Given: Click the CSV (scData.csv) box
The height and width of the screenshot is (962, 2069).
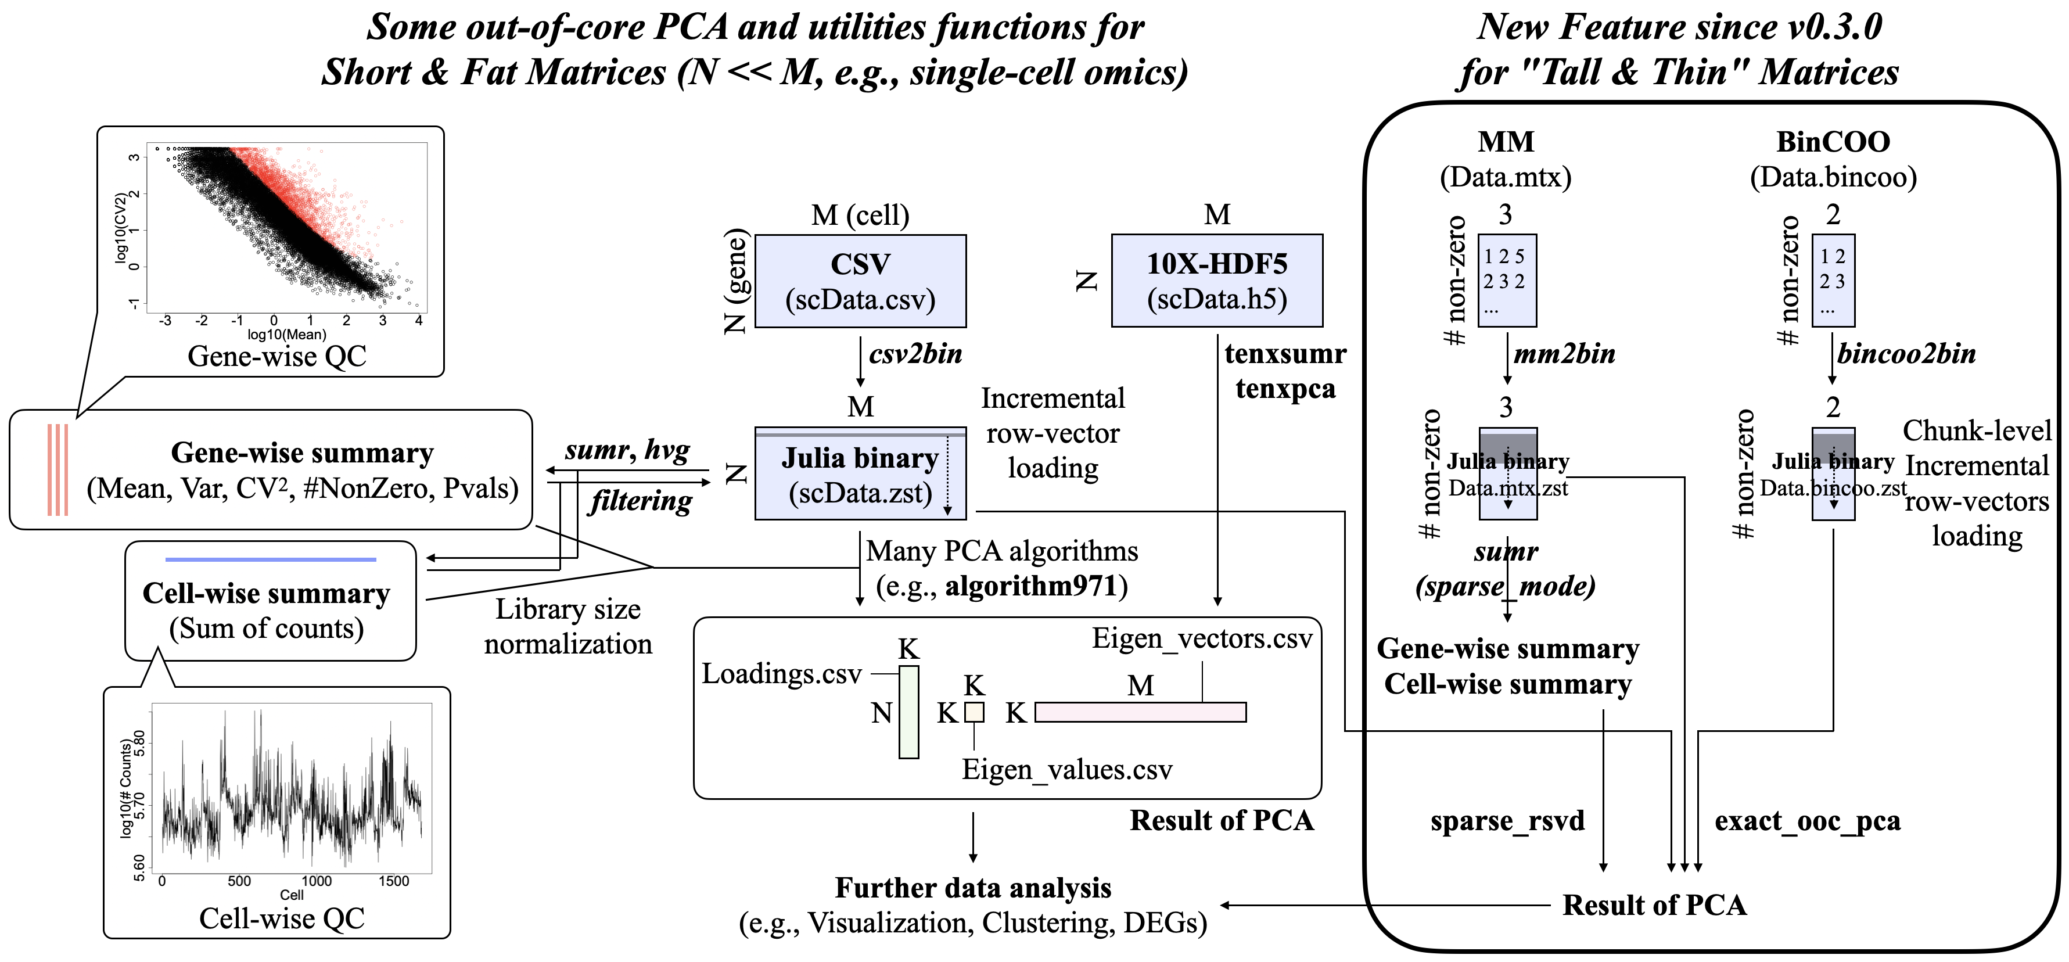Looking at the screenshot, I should pyautogui.click(x=860, y=281).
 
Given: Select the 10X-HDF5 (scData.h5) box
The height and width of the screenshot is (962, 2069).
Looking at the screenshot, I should pyautogui.click(x=1216, y=281).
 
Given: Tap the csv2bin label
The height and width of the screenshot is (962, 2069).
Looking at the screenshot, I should pyautogui.click(x=915, y=354).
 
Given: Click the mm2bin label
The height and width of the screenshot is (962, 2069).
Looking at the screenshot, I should pyautogui.click(x=1564, y=354).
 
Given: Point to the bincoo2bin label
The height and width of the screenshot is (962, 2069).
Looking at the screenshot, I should pyautogui.click(x=1906, y=354).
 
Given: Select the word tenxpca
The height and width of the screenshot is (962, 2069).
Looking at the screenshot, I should pyautogui.click(x=1285, y=389).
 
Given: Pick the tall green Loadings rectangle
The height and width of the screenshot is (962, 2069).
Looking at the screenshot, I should pyautogui.click(x=908, y=712).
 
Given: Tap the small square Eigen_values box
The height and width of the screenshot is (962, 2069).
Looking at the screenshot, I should pyautogui.click(x=974, y=712).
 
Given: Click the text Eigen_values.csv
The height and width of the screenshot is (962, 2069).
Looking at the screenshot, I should pyautogui.click(x=1066, y=770).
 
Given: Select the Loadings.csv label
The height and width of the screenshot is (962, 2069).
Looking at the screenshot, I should pyautogui.click(x=781, y=674).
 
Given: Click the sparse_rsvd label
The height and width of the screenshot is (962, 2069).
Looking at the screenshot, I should pyautogui.click(x=1507, y=821).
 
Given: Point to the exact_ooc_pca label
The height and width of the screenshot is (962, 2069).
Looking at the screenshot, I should pyautogui.click(x=1807, y=821).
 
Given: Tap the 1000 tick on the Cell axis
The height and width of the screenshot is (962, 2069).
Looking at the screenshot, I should pyautogui.click(x=317, y=881).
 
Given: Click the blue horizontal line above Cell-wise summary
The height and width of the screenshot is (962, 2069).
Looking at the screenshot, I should pyautogui.click(x=271, y=559).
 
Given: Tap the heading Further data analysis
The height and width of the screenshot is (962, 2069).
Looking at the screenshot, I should pyautogui.click(x=973, y=888).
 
